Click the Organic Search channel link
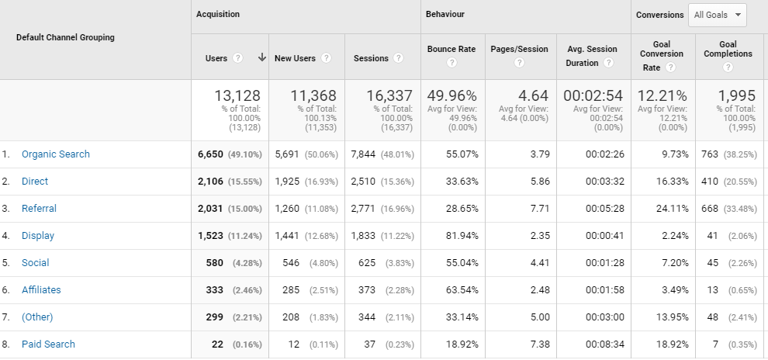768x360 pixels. coord(55,154)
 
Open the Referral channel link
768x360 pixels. coord(39,209)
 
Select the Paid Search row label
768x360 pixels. coord(48,344)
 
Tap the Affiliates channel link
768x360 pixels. coord(41,290)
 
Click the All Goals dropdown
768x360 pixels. coord(718,15)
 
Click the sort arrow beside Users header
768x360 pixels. coord(261,58)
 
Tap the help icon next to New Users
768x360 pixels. coord(327,58)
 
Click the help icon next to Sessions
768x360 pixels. coord(399,58)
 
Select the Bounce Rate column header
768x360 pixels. coord(451,49)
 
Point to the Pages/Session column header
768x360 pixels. coord(519,49)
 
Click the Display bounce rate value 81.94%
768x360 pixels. coord(458,236)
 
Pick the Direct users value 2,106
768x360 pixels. coord(210,182)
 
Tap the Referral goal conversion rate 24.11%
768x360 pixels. coord(671,209)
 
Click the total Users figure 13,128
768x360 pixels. coord(237,96)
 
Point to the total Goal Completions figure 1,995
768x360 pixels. coord(736,96)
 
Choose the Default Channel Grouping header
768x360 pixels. coord(65,37)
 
